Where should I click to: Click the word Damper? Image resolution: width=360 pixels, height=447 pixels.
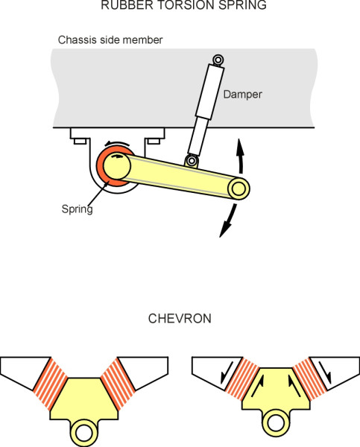click(x=242, y=95)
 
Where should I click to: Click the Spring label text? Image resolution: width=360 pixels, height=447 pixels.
click(x=78, y=209)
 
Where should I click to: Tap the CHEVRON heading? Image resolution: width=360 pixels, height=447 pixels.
click(x=180, y=318)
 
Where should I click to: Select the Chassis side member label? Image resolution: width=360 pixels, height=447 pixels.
click(x=110, y=40)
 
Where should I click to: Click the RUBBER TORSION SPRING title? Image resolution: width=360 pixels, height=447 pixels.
click(x=183, y=5)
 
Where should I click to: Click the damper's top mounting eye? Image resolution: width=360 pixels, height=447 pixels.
click(x=218, y=60)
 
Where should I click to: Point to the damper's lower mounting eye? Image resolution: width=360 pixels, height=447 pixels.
click(x=192, y=160)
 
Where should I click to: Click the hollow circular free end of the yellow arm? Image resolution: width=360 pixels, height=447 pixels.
click(x=239, y=189)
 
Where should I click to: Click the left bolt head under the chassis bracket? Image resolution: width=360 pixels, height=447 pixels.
click(x=80, y=141)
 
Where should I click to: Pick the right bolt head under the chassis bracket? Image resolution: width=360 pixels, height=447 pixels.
click(x=154, y=141)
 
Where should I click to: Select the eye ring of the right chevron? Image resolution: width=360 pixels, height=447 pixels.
click(x=276, y=422)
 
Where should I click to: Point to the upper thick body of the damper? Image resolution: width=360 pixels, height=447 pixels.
click(x=210, y=92)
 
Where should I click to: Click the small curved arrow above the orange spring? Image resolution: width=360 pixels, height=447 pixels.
click(x=118, y=143)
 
